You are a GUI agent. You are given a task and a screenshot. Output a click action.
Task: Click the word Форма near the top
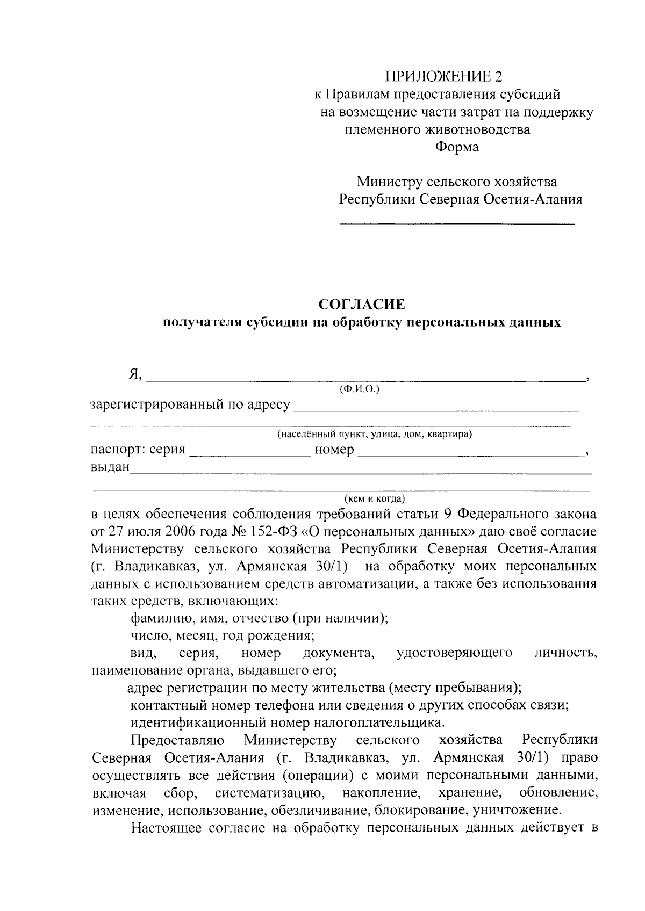456,147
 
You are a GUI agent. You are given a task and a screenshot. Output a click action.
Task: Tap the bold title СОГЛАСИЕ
362,305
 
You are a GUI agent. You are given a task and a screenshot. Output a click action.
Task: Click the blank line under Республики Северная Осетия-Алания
456,222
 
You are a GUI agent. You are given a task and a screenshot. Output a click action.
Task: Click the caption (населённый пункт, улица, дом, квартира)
375,434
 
